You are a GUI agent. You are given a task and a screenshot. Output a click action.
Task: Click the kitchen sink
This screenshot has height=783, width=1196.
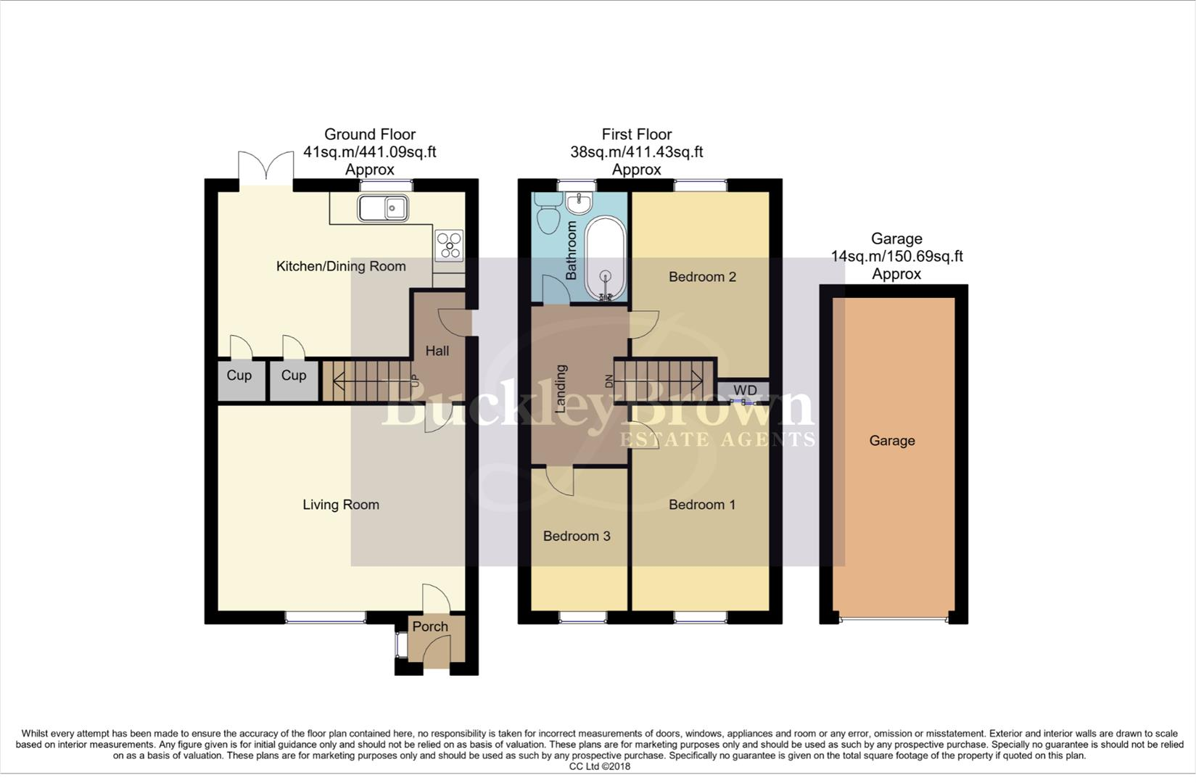[383, 209]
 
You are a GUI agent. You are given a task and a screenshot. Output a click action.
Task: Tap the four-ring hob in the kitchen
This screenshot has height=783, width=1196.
[449, 245]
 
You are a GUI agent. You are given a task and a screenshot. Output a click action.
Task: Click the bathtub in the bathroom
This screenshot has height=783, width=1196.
[605, 260]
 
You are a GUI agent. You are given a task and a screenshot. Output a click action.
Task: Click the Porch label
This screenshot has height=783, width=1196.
[430, 626]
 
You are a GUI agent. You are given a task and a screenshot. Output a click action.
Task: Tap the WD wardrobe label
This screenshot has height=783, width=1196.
[745, 391]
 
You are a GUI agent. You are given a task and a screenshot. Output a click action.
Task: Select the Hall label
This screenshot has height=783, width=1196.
[437, 351]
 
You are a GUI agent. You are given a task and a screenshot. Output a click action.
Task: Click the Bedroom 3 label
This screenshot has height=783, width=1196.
[577, 536]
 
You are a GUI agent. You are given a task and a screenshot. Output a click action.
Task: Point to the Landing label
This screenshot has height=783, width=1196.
[561, 389]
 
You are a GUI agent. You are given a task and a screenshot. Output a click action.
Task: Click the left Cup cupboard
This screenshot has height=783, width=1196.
[239, 376]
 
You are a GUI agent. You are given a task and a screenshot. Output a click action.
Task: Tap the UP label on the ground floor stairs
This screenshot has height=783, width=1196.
[415, 380]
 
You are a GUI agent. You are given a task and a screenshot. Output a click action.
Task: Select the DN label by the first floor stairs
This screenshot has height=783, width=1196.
[609, 381]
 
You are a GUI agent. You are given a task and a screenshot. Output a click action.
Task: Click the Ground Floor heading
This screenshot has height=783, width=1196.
[370, 134]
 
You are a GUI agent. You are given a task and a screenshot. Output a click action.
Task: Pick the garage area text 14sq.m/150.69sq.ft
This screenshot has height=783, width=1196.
[896, 256]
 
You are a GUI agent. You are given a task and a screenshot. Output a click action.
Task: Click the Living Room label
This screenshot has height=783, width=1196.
[341, 505]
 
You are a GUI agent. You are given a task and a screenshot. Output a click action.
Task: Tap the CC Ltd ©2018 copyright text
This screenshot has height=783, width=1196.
[599, 766]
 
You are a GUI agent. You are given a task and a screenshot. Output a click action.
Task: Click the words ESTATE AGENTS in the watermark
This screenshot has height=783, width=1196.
[716, 439]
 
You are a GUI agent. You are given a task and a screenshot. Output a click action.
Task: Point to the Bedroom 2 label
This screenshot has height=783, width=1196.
[702, 276]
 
